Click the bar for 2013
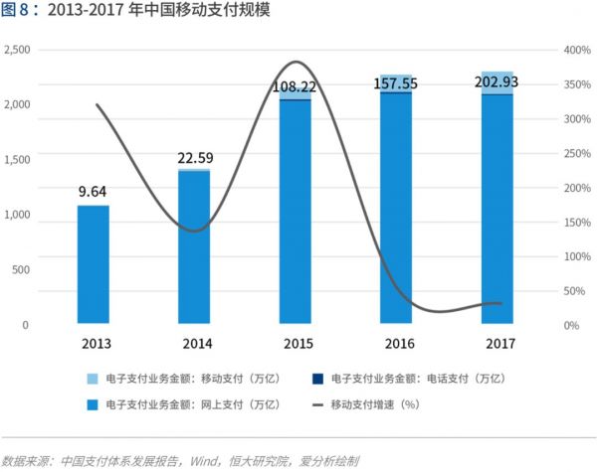coord(93,264)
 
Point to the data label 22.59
coord(195,157)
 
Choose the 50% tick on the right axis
coord(573,291)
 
